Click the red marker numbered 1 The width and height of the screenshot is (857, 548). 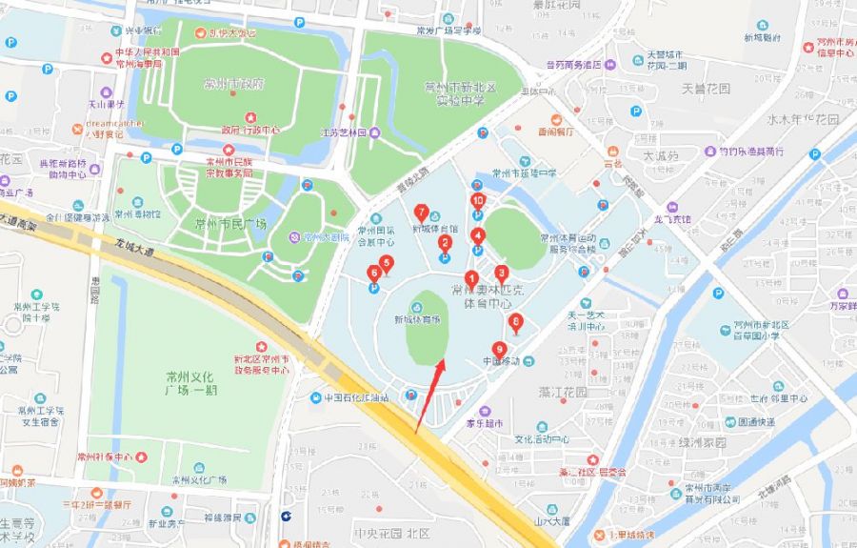coord(470,278)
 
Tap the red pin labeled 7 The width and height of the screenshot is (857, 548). coord(422,213)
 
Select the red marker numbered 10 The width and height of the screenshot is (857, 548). coord(478,201)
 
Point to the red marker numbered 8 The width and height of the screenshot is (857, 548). coord(515,322)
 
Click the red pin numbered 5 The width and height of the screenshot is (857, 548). coord(386,263)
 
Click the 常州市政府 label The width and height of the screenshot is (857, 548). coord(234,85)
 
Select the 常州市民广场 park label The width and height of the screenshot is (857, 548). coord(229,225)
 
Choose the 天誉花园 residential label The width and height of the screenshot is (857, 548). coord(705,89)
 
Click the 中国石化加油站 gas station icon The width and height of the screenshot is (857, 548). coord(315,397)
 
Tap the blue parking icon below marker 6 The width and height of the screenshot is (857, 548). coord(372,288)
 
